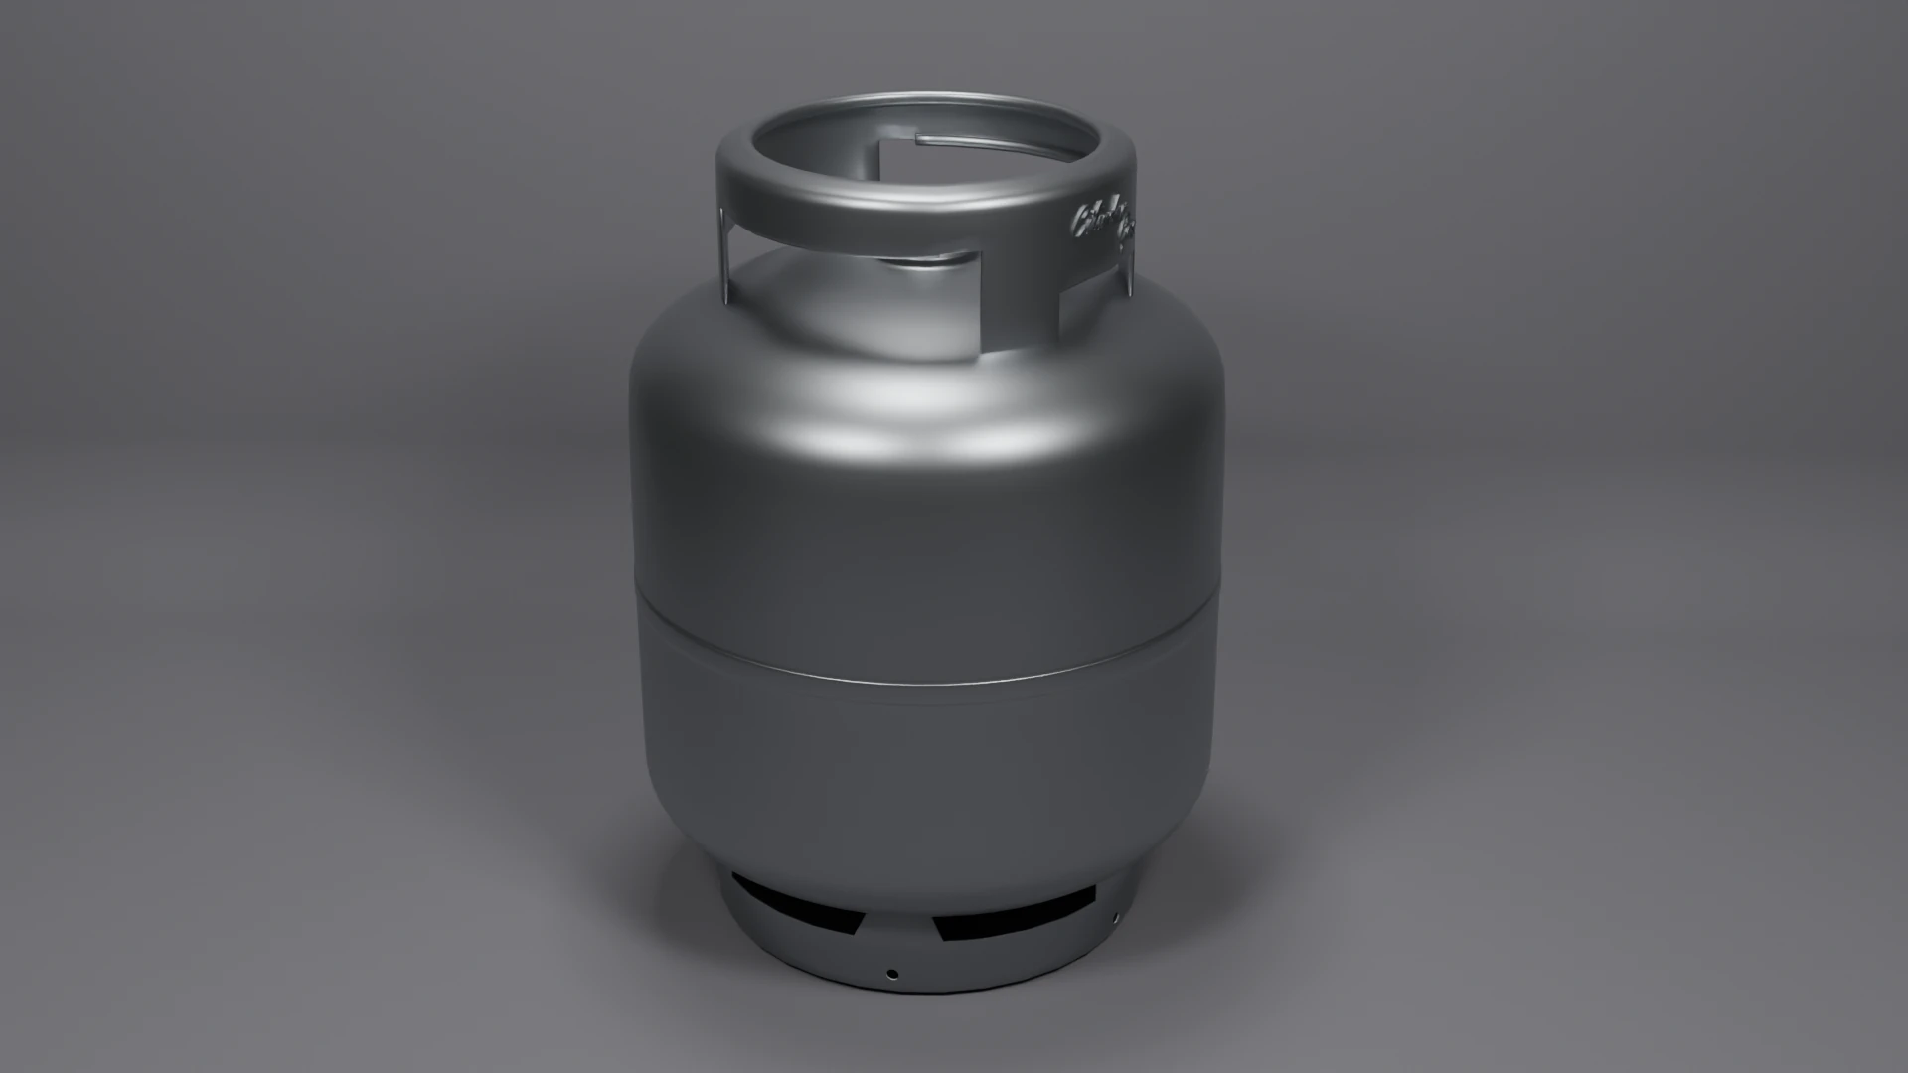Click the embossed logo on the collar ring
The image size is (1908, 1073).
[x=1103, y=225]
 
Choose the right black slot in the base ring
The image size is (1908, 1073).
[x=1014, y=914]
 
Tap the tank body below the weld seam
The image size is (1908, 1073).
[x=924, y=775]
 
